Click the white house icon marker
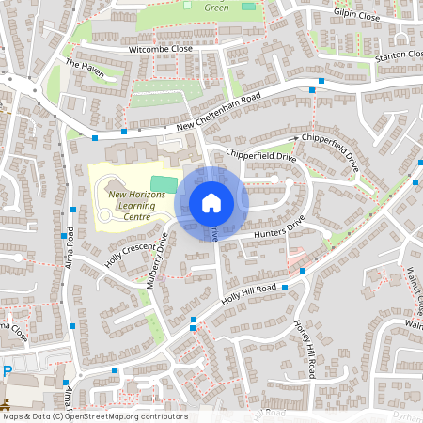point(211,203)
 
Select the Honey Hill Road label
point(304,348)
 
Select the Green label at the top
point(217,7)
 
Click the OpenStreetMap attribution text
point(94,416)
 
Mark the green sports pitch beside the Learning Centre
point(164,180)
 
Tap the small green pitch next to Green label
point(248,7)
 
